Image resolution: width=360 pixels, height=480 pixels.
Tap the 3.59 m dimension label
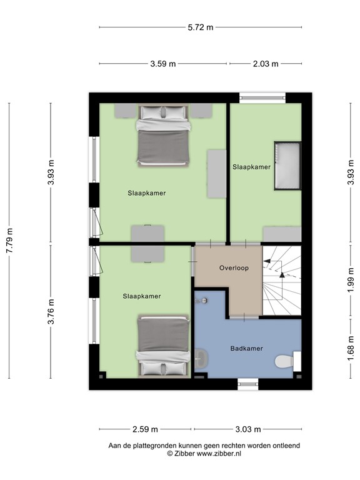pyautogui.click(x=162, y=63)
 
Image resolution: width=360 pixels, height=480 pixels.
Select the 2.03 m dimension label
pyautogui.click(x=266, y=63)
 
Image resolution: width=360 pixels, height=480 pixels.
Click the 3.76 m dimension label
pyautogui.click(x=51, y=312)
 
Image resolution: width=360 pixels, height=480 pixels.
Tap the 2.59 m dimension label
pyautogui.click(x=146, y=429)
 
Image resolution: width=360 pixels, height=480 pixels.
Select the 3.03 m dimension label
pyautogui.click(x=248, y=429)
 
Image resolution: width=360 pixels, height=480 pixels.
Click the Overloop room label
pyautogui.click(x=234, y=268)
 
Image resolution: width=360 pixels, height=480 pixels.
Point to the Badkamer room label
pyautogui.click(x=246, y=349)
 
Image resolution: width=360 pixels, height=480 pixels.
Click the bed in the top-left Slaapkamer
pyautogui.click(x=162, y=134)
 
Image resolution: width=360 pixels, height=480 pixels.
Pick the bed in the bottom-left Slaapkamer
pyautogui.click(x=162, y=347)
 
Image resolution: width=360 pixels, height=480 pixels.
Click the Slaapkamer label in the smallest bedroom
pyautogui.click(x=251, y=167)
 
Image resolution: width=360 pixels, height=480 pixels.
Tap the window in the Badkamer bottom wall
pyautogui.click(x=248, y=384)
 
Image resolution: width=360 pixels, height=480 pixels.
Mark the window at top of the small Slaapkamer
pyautogui.click(x=262, y=97)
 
